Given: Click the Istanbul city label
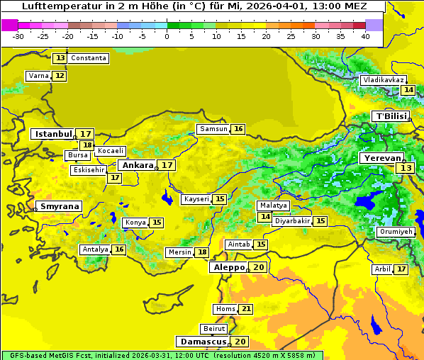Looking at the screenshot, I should [53, 133].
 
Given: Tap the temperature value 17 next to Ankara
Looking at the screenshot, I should [167, 165].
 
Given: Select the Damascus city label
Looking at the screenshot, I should [203, 342].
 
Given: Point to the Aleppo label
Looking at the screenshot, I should [228, 267].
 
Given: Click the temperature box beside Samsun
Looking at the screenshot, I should [238, 129].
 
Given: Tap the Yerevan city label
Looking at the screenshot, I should [381, 158].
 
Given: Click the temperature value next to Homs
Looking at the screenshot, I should [246, 309].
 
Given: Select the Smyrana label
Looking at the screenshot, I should [60, 207].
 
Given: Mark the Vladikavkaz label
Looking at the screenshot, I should [383, 80].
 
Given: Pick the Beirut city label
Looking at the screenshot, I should [213, 329].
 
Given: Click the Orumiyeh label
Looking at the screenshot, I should [395, 232].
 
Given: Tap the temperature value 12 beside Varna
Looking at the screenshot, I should [60, 76].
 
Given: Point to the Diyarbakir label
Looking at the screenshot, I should [292, 221].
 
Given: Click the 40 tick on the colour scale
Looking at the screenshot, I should [365, 36].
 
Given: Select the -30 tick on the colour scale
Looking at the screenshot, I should [18, 36].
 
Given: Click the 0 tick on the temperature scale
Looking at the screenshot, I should [167, 36].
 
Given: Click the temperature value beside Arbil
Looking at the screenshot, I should [401, 269].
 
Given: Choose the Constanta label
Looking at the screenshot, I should [89, 58].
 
